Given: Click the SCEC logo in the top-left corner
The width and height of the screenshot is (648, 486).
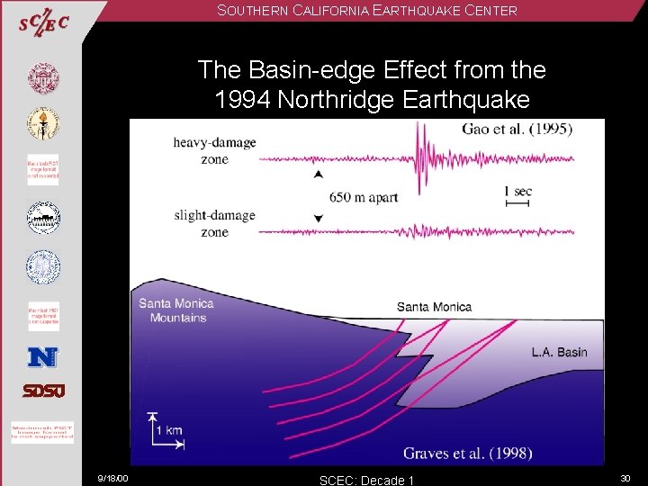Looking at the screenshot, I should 43,22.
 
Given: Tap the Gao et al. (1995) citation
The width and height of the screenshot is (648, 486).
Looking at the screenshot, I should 517,129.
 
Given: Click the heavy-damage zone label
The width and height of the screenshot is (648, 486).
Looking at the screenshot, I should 215,150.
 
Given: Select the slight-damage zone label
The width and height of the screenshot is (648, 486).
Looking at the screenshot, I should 215,223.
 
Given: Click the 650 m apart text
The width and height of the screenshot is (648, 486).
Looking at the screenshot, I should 363,197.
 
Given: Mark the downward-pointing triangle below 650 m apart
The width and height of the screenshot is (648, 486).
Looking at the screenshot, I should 318,219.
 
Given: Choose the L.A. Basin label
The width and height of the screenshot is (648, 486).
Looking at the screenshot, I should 558,352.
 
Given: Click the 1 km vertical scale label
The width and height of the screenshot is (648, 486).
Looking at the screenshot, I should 166,430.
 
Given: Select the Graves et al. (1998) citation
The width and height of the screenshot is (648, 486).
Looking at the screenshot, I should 467,453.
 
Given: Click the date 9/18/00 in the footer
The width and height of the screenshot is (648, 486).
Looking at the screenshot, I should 113,478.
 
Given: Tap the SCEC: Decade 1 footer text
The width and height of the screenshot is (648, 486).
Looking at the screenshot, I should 366,480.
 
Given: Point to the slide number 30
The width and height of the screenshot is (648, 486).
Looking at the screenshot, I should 626,478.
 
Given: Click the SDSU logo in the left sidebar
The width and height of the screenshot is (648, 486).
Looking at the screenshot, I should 43,391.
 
